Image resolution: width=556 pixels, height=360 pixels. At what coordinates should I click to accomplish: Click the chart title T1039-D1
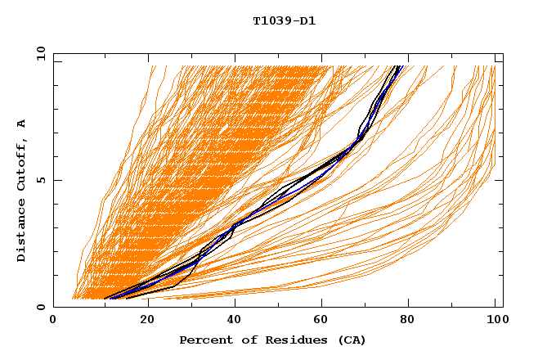tap(285, 20)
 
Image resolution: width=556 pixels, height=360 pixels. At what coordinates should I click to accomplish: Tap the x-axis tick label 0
tap(53, 322)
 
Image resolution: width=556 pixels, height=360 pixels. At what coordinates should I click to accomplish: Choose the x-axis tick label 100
tap(495, 322)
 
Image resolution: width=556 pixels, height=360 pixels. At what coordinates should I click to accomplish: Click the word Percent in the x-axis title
tap(203, 340)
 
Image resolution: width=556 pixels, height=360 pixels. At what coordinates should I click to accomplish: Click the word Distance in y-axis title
tap(22, 234)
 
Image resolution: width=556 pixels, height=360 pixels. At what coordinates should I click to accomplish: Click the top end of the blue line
tap(399, 66)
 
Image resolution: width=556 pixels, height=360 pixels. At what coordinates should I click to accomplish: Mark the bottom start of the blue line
tap(107, 299)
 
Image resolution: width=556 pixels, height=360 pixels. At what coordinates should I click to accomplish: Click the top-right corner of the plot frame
tap(503, 53)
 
